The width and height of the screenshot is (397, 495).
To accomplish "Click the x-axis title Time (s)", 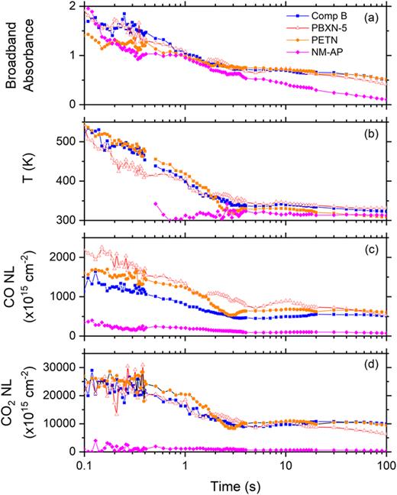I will (234, 484).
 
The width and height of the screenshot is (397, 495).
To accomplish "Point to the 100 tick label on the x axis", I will (386, 465).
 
